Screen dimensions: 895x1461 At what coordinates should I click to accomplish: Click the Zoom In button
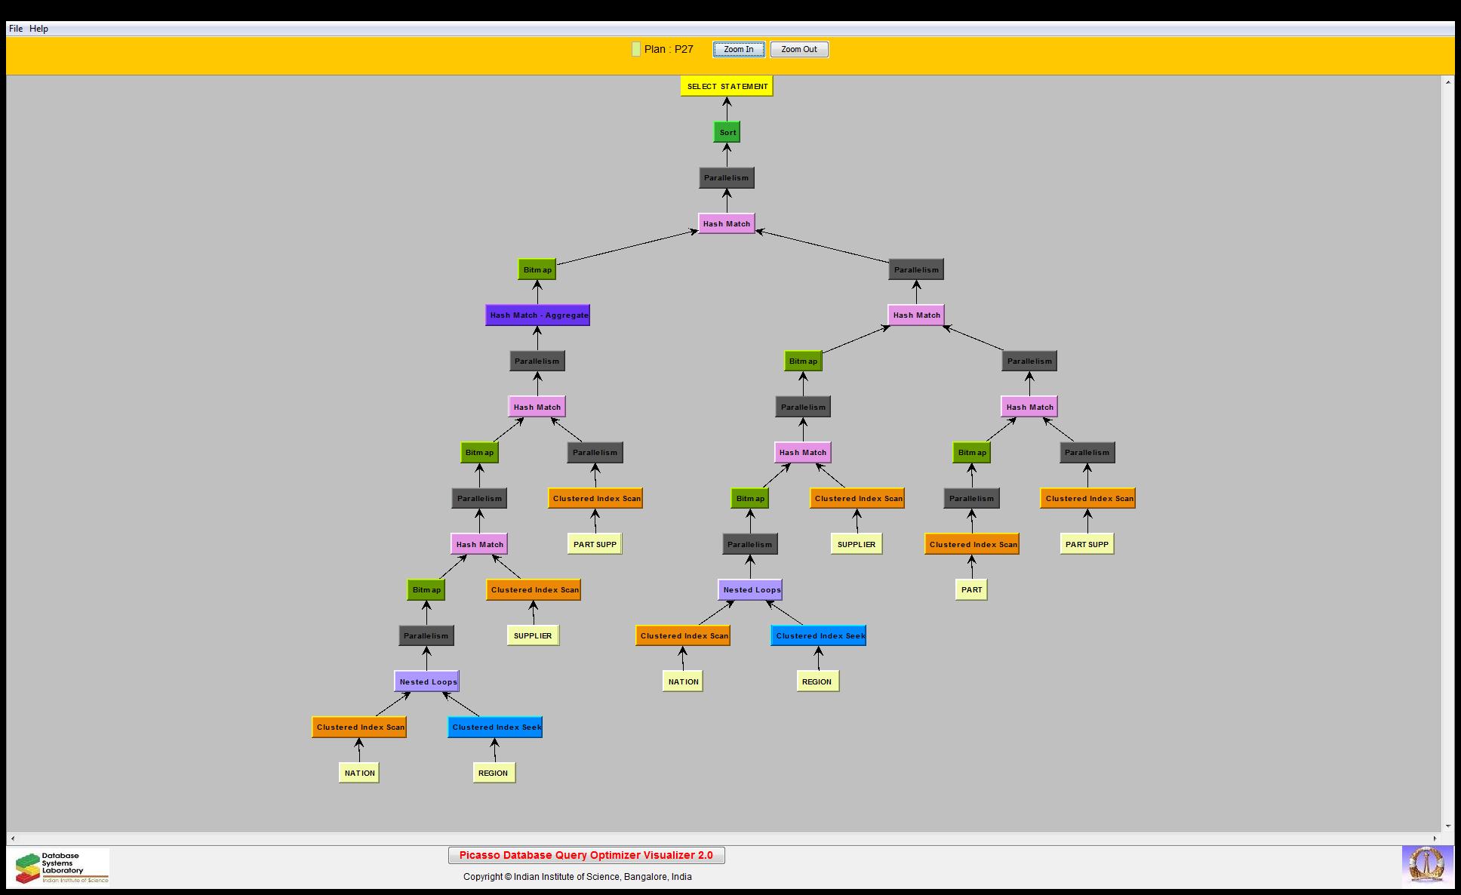pyautogui.click(x=738, y=50)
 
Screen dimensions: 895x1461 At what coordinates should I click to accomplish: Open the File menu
pyautogui.click(x=15, y=29)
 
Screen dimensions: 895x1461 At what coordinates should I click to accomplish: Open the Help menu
pyautogui.click(x=38, y=29)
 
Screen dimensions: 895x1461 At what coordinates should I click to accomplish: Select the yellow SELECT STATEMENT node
pyautogui.click(x=727, y=86)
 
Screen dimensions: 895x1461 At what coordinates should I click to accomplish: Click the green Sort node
pyautogui.click(x=727, y=132)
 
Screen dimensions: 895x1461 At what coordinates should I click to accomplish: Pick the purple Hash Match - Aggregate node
pyautogui.click(x=537, y=315)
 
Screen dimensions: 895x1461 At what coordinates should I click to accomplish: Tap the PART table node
pyautogui.click(x=971, y=590)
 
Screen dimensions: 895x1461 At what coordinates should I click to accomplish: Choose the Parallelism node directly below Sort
pyautogui.click(x=726, y=178)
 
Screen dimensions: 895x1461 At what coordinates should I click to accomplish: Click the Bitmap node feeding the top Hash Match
pyautogui.click(x=537, y=269)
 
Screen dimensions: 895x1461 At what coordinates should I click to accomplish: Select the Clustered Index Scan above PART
pyautogui.click(x=972, y=544)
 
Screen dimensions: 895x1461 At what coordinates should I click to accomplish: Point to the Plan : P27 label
pyautogui.click(x=669, y=49)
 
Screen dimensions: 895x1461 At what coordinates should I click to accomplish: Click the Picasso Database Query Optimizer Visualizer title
pyautogui.click(x=586, y=855)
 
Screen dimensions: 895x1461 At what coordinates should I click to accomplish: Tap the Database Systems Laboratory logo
pyautogui.click(x=60, y=867)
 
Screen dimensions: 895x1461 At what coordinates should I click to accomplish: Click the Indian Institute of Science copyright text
pyautogui.click(x=577, y=877)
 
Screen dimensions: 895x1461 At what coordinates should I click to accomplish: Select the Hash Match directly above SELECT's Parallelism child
pyautogui.click(x=726, y=223)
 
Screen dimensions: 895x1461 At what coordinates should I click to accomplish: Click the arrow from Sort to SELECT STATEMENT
pyautogui.click(x=727, y=109)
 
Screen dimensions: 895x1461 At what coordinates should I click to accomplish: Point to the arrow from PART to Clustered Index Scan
pyautogui.click(x=971, y=567)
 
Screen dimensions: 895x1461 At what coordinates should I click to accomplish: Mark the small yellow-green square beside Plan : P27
pyautogui.click(x=636, y=49)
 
